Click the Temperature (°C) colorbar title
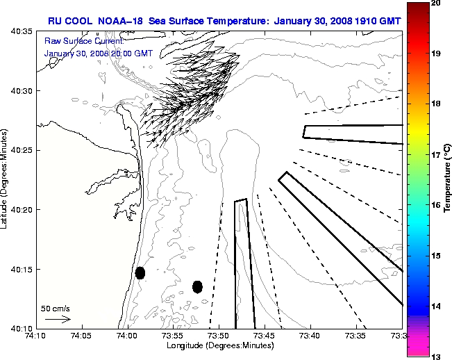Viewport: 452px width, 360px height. click(448, 179)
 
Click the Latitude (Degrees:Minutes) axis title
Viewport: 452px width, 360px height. click(6, 179)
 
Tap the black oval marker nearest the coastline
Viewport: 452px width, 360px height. click(140, 272)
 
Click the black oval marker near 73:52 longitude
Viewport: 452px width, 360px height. click(197, 286)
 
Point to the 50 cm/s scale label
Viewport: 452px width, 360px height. click(55, 308)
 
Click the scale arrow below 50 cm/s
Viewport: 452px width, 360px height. click(58, 319)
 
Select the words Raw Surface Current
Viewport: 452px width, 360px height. click(76, 41)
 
